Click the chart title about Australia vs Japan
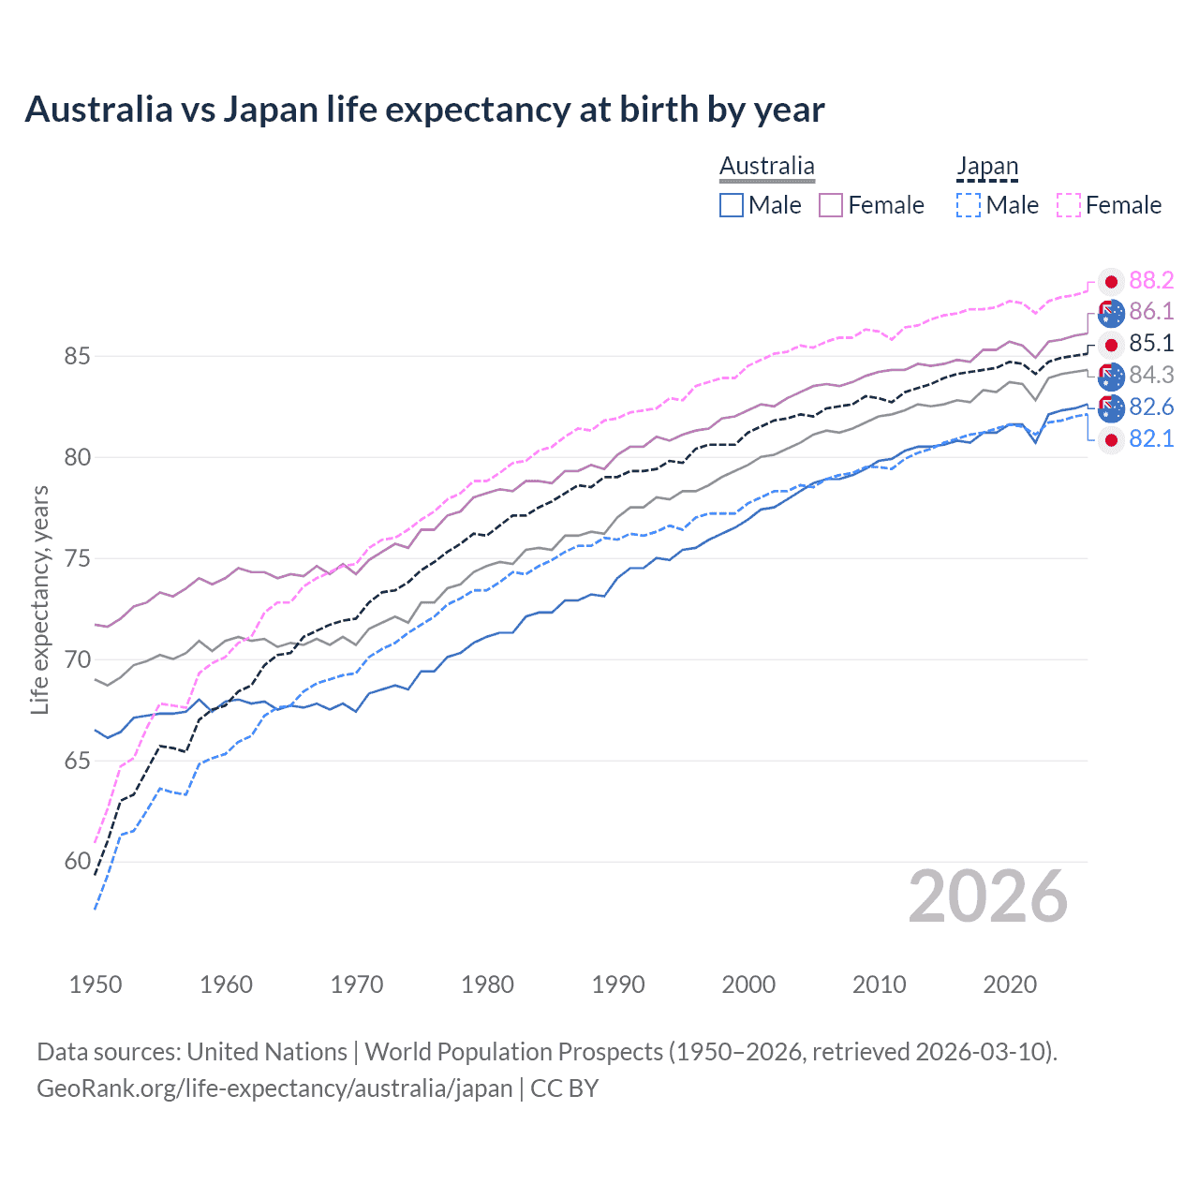[x=424, y=110]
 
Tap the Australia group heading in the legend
[x=767, y=167]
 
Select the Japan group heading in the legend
[x=986, y=167]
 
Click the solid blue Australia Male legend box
[x=732, y=205]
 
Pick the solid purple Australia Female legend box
[x=831, y=205]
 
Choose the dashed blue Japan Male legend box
[x=969, y=205]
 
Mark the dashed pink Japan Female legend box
[x=1069, y=205]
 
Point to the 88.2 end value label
[x=1151, y=280]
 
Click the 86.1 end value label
[x=1151, y=312]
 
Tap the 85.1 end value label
[x=1151, y=344]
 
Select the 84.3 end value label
[x=1151, y=376]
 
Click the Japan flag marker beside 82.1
[x=1111, y=439]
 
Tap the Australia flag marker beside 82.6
[x=1111, y=407]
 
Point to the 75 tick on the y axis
[x=78, y=559]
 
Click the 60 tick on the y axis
[x=78, y=862]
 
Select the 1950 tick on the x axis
[x=96, y=984]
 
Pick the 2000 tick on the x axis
[x=748, y=984]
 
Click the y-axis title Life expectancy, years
[x=39, y=599]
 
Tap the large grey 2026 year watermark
[x=987, y=896]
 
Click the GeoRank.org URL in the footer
[x=274, y=1088]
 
